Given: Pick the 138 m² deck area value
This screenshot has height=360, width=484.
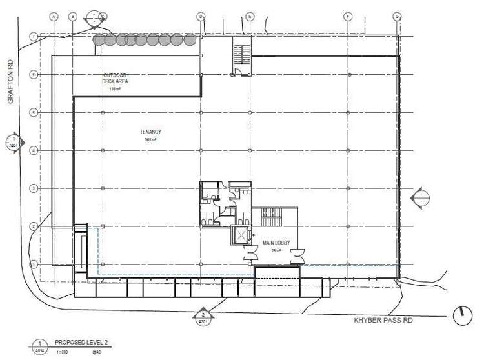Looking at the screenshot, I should tap(116, 90).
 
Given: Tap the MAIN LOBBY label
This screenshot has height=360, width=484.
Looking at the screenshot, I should tap(276, 243).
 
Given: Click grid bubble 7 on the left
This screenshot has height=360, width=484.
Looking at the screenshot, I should tap(32, 37).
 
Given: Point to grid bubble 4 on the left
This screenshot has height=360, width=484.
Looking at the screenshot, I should tap(32, 150).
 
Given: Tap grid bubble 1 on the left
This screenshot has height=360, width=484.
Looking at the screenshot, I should tap(32, 264).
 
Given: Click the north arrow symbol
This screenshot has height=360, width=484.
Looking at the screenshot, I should tap(462, 315).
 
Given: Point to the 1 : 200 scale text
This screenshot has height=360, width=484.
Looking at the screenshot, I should tap(62, 352).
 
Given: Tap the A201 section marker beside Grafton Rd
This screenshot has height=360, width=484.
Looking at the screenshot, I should tap(13, 142).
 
